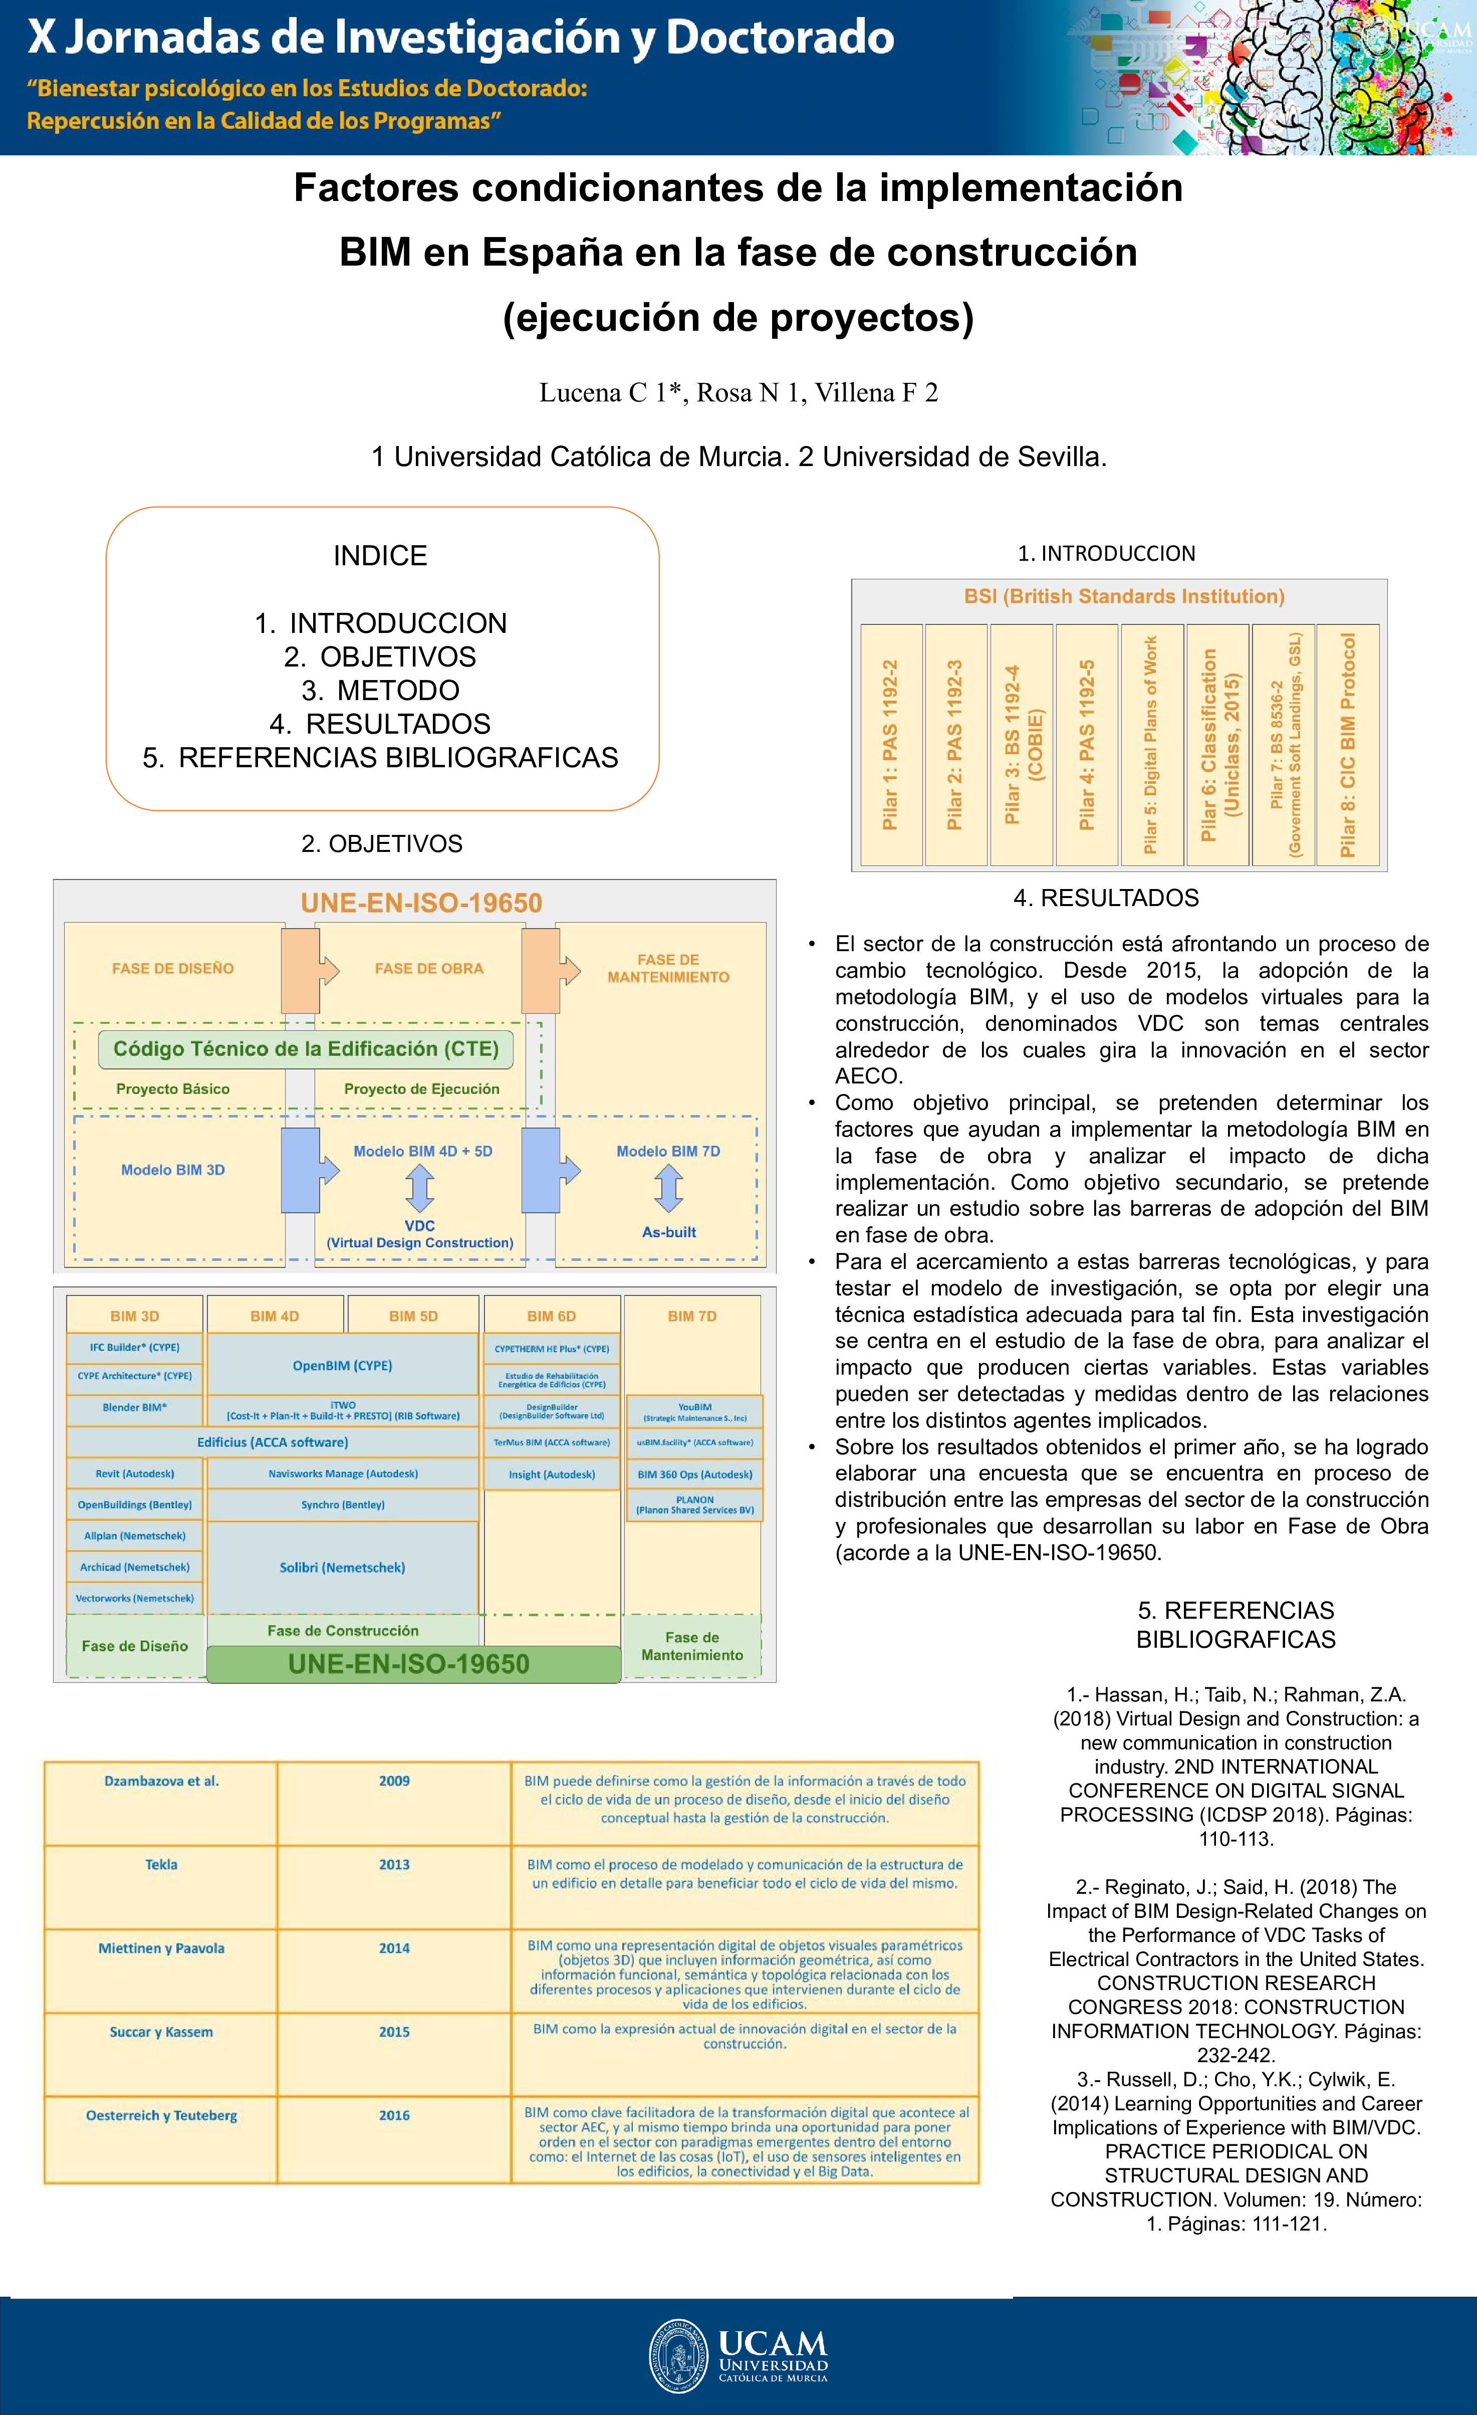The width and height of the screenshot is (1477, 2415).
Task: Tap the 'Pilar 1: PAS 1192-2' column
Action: point(891,745)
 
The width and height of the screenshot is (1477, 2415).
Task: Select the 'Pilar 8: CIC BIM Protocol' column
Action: point(1348,745)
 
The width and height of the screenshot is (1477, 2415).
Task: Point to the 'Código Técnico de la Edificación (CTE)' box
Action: point(306,1049)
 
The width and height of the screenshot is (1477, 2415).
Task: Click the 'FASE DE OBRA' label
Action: point(429,968)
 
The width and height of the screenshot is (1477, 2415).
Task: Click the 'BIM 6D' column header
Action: point(552,1316)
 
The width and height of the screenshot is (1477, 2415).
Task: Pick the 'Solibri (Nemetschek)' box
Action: point(342,1567)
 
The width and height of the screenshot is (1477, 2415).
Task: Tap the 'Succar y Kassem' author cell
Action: point(162,2032)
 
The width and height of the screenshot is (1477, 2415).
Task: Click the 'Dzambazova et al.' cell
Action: point(162,1781)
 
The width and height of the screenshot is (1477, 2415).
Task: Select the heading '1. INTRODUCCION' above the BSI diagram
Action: point(1107,554)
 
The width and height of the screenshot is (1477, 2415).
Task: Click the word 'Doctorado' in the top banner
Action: point(780,37)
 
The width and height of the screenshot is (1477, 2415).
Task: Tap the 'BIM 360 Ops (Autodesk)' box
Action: point(695,1474)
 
